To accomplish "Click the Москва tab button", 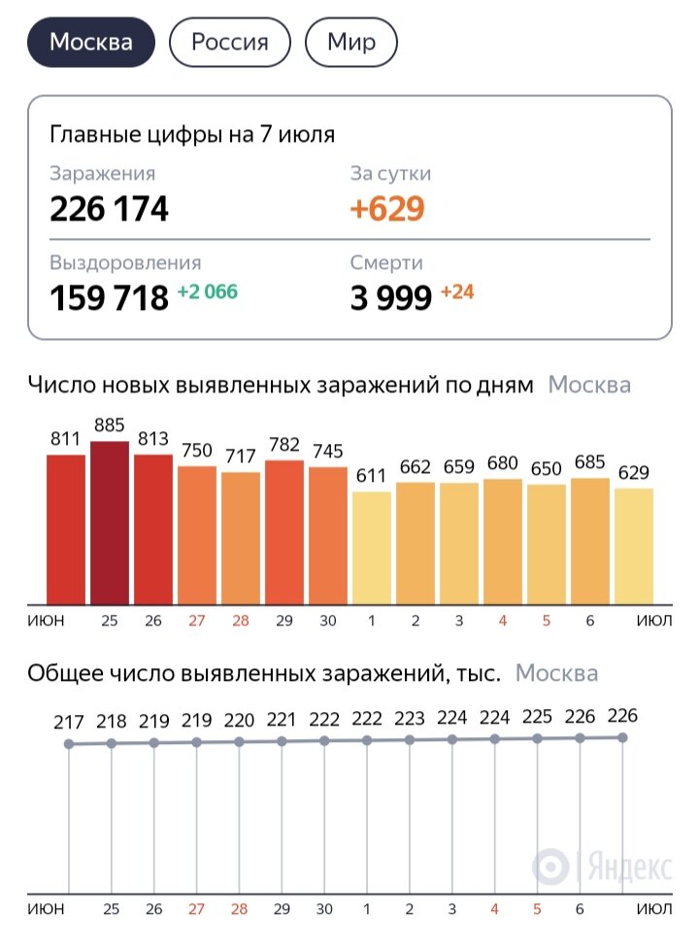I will pos(90,43).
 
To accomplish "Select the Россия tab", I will pos(229,43).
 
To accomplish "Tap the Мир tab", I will pos(351,43).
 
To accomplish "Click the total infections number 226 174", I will pos(109,209).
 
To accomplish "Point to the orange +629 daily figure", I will pos(387,209).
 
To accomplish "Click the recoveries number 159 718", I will pos(109,298).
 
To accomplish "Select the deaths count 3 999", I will pos(390,298).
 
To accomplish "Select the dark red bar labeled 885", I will pos(110,523).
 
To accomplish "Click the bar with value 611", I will pos(372,547).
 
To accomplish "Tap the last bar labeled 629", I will pos(634,545).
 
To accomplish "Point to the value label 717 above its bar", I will pos(241,456).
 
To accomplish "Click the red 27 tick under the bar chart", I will pos(197,621).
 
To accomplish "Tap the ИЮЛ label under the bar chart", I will pos(653,621).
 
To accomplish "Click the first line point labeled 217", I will pos(68,744).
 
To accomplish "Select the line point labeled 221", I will pos(283,741).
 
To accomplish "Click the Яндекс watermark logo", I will pos(602,865).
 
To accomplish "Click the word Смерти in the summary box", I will pos(386,262).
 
